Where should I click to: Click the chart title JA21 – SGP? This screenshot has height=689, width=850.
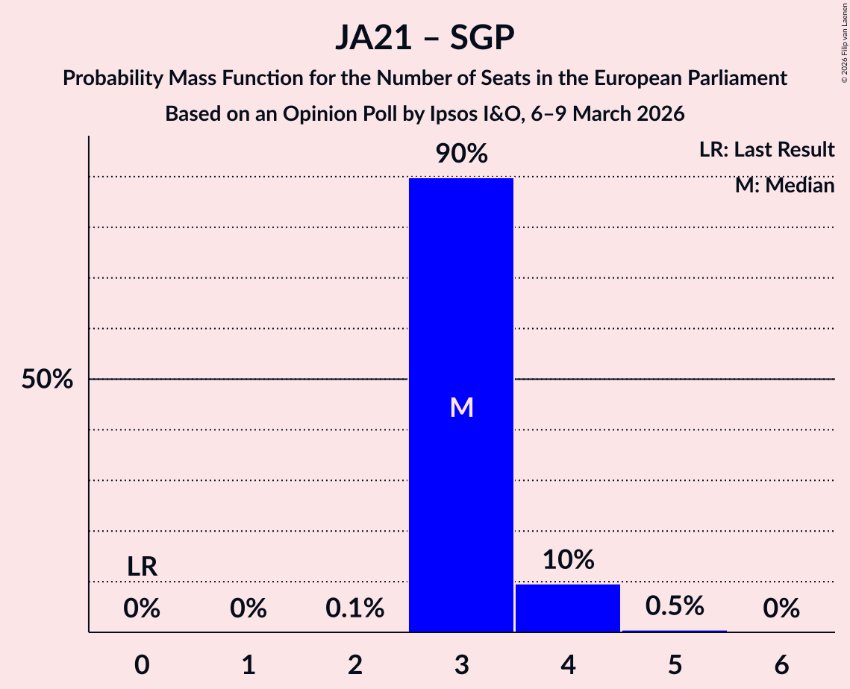point(425,38)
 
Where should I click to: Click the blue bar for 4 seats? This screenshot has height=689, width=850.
point(568,608)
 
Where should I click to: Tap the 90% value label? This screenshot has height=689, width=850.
point(461,154)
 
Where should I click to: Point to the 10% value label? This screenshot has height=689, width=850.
point(568,560)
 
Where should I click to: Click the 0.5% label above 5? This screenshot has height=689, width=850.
point(675,606)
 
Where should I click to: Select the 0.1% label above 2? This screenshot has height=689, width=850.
point(355,609)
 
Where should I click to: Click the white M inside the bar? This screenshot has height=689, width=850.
point(461,407)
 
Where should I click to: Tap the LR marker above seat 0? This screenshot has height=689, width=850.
point(142,567)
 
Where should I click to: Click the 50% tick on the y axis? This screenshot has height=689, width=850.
point(46,380)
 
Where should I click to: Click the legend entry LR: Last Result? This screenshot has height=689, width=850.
point(766,150)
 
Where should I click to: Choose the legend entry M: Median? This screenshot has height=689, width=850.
point(784,185)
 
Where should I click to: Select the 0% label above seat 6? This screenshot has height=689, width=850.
point(781,609)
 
